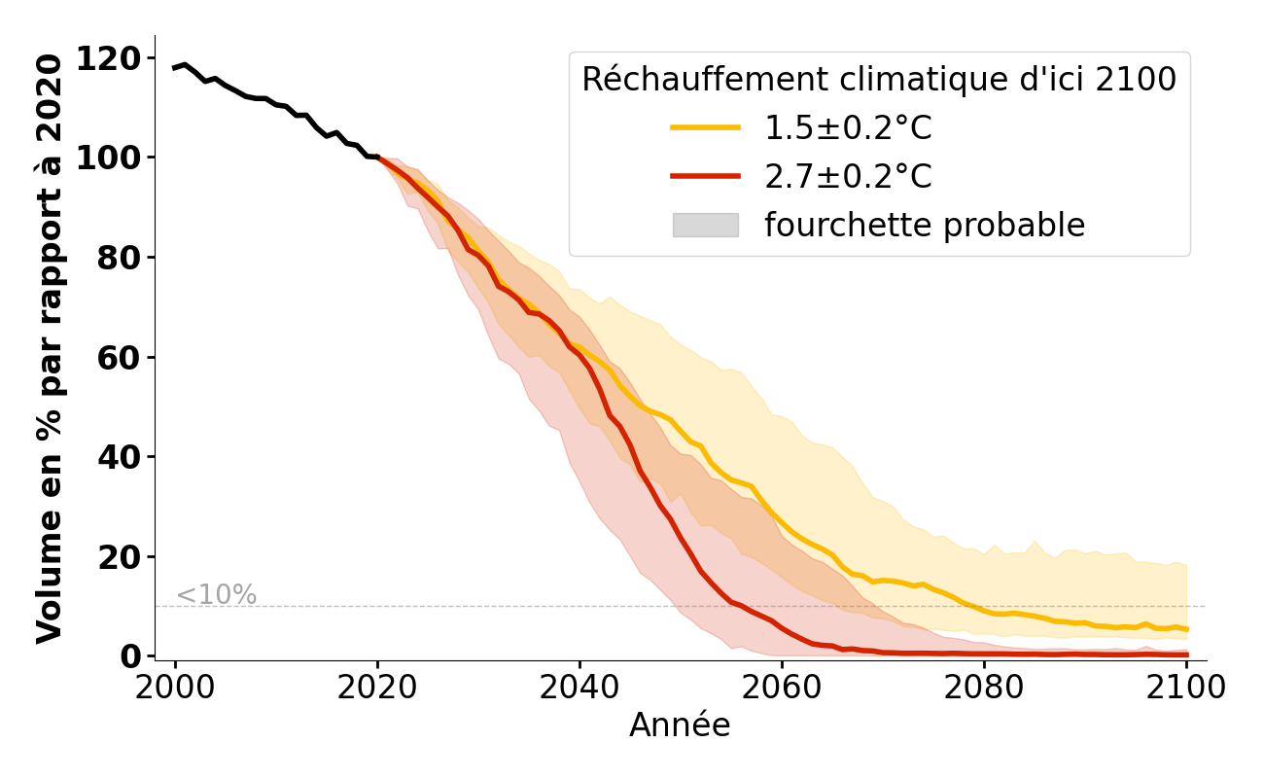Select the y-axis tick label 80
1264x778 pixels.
pos(119,258)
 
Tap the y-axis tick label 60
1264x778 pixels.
pos(119,357)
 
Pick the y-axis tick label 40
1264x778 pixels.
pos(119,457)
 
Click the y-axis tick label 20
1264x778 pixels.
pos(119,556)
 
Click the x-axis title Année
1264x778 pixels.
pos(680,725)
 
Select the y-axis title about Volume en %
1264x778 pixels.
pos(50,348)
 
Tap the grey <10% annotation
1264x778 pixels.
pos(216,595)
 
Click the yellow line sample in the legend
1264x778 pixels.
pos(705,127)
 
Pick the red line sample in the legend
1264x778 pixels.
pos(705,176)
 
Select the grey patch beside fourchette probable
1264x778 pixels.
pos(705,225)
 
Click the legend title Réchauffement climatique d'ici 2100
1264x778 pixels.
pos(879,79)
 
